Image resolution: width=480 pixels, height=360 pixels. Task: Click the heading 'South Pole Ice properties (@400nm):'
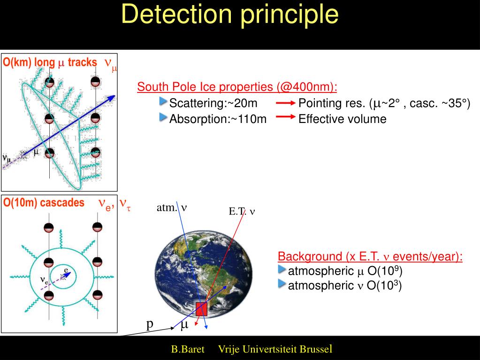(x=237, y=87)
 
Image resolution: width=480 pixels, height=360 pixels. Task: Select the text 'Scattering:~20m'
(x=213, y=103)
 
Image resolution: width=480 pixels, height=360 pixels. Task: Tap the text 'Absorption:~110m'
(x=218, y=119)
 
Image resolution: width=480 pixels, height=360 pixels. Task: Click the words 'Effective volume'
(x=342, y=119)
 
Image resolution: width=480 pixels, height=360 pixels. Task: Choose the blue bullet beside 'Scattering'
(x=163, y=102)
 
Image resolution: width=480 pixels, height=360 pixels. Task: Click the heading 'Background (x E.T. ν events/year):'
(x=370, y=257)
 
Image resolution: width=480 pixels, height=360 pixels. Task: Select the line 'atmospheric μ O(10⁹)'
(x=345, y=271)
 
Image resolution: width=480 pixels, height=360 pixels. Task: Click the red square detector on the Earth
(x=201, y=309)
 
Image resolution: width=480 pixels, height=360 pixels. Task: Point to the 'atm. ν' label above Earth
(x=172, y=207)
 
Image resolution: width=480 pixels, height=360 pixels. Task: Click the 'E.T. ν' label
(x=242, y=211)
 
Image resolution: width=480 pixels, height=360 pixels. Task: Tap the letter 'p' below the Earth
(x=150, y=324)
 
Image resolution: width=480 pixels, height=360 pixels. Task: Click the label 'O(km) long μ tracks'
(x=50, y=62)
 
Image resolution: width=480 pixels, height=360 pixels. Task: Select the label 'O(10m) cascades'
(x=44, y=203)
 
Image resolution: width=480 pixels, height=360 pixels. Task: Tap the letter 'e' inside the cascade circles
(x=66, y=270)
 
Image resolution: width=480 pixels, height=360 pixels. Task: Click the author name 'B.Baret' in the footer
(x=187, y=350)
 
